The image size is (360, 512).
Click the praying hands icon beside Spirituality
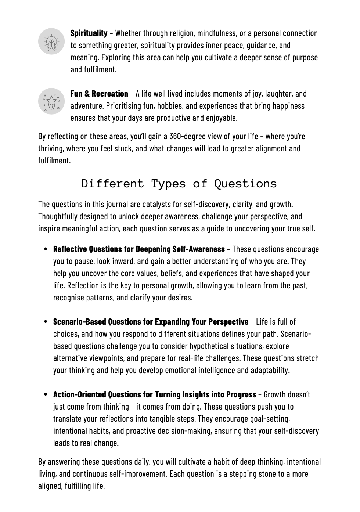coord(51,42)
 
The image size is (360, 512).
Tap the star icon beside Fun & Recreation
coord(51,101)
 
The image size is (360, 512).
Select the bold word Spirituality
coord(89,33)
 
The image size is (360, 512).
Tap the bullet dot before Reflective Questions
coord(46,249)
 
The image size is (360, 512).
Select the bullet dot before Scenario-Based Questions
coord(46,322)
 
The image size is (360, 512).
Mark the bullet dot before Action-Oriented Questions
coord(46,394)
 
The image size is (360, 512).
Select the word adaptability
coord(270,370)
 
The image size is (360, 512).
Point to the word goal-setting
coord(270,419)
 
